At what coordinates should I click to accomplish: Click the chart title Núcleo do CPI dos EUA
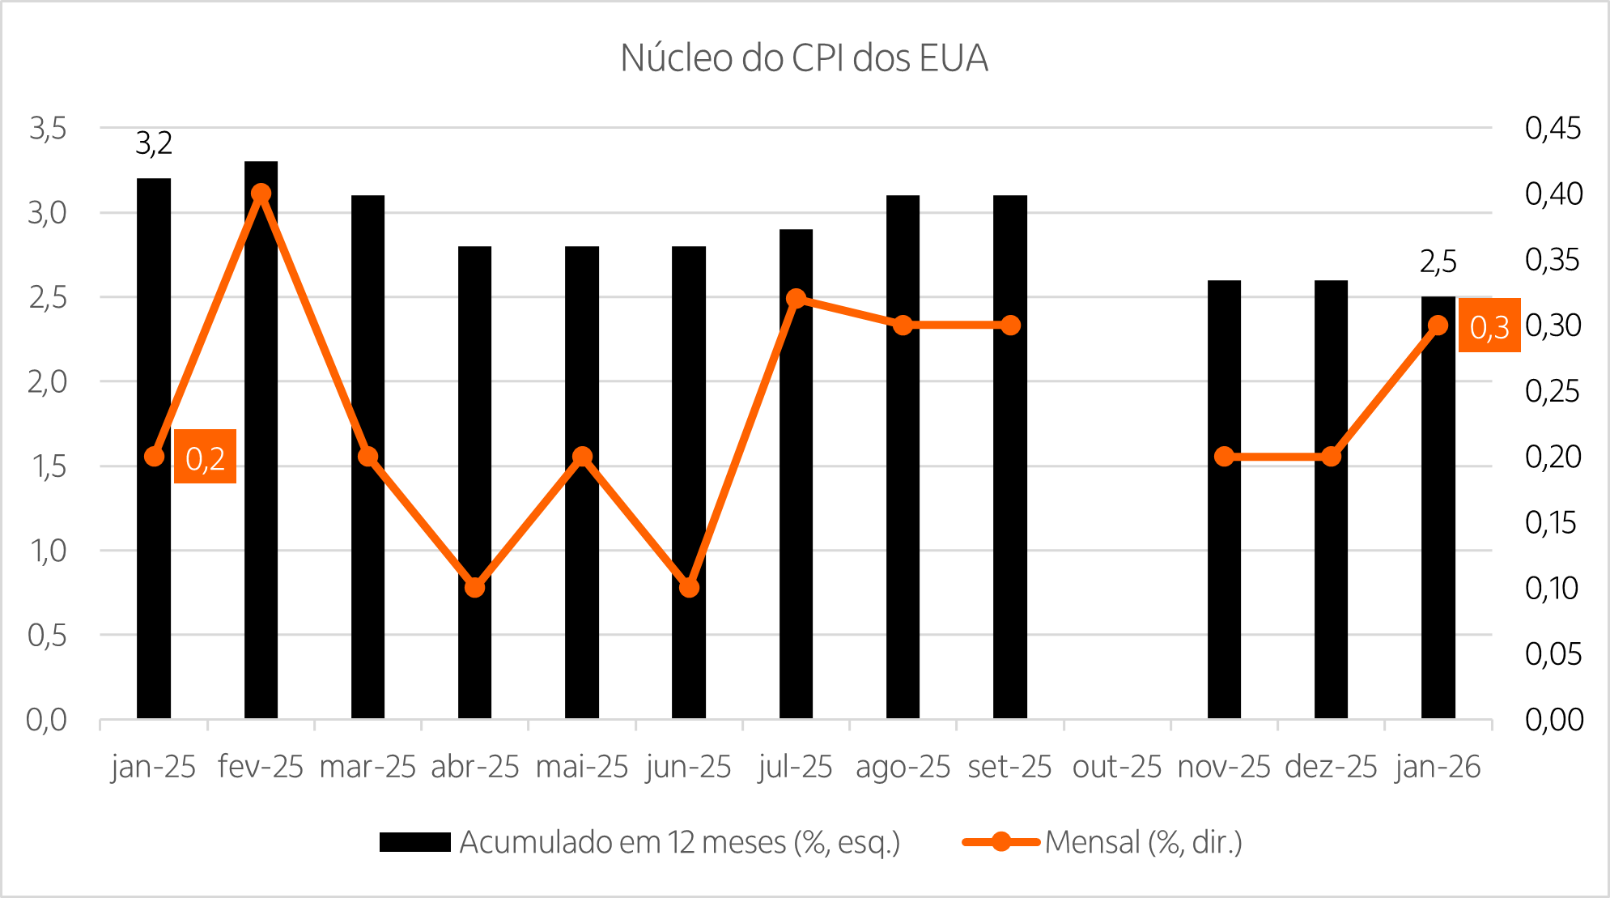click(804, 58)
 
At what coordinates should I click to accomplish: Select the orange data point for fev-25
click(261, 194)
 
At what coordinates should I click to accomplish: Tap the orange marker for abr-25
click(475, 587)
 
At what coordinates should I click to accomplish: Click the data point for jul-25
click(796, 298)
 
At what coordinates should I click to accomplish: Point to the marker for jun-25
click(689, 587)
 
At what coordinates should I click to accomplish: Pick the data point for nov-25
click(1224, 457)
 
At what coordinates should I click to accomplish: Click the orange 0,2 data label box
click(205, 457)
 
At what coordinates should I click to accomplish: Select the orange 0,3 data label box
click(1489, 326)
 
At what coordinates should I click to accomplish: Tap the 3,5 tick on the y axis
click(47, 128)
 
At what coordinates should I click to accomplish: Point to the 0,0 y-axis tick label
click(46, 719)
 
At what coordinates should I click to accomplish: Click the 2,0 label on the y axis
click(47, 381)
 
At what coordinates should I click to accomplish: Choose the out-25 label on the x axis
click(1116, 766)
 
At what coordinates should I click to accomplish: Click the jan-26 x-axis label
click(1438, 766)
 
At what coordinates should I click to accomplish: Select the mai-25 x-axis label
click(581, 766)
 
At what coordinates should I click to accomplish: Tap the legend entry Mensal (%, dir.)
click(1143, 842)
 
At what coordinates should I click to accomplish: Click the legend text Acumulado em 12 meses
click(679, 842)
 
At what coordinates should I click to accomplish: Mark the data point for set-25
click(1010, 326)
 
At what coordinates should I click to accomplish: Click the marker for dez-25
click(1331, 457)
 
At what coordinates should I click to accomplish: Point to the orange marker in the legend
click(1000, 842)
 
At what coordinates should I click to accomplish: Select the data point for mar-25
click(367, 457)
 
